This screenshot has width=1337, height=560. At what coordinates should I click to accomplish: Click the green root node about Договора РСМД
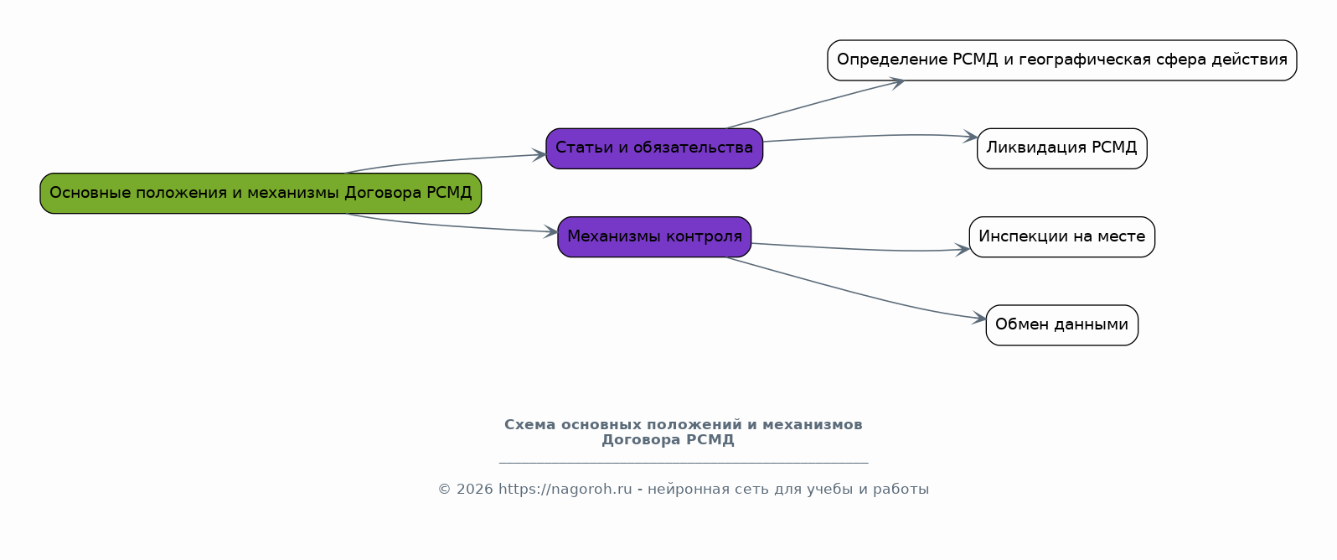[261, 194]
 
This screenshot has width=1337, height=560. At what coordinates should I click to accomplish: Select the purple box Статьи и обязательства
[654, 148]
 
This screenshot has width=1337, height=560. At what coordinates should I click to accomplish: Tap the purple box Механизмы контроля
[654, 237]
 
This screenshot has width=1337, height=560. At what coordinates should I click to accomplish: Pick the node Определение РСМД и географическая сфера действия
[1062, 60]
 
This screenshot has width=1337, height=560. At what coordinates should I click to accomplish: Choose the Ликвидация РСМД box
[1062, 148]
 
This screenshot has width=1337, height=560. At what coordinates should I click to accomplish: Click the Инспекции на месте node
[1062, 237]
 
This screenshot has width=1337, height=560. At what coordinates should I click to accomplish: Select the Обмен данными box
[1062, 325]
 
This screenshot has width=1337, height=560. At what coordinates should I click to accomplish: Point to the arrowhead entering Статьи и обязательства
[539, 155]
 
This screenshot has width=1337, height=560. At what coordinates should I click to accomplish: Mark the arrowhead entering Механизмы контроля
[550, 231]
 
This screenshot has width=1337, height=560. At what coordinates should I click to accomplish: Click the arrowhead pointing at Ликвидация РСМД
[971, 137]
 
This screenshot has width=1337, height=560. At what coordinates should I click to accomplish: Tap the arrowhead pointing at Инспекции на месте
[963, 250]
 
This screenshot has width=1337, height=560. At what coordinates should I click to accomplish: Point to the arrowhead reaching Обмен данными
[978, 319]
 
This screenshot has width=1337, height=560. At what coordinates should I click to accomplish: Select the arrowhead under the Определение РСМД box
[897, 82]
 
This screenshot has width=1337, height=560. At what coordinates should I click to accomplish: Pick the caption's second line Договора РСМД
[668, 441]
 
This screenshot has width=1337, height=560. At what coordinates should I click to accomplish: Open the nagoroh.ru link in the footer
[565, 490]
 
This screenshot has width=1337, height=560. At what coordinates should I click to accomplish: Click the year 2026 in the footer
[474, 490]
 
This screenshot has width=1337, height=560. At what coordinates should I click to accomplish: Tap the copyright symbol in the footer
[445, 490]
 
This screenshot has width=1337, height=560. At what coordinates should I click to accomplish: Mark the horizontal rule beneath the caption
[684, 463]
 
